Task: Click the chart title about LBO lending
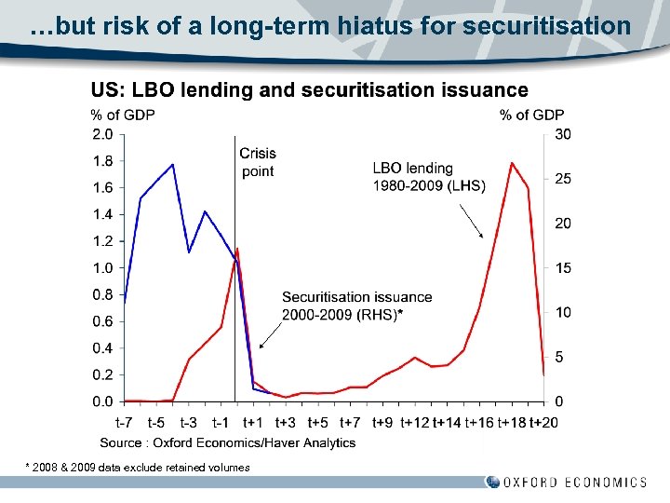(x=309, y=90)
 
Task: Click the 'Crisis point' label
(x=258, y=161)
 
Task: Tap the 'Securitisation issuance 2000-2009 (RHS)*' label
(x=356, y=306)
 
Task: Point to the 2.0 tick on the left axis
(x=101, y=134)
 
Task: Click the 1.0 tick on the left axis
(x=101, y=268)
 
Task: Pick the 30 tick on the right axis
(x=563, y=134)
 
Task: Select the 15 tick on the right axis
(x=563, y=268)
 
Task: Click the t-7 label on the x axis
(x=124, y=424)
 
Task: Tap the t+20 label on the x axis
(x=543, y=424)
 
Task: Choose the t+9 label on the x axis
(x=382, y=424)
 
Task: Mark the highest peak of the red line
(x=512, y=163)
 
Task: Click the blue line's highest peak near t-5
(x=172, y=165)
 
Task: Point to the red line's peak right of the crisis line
(x=236, y=249)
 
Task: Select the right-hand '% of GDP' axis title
(x=531, y=115)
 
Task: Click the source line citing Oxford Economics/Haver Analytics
(x=228, y=442)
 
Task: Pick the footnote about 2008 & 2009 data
(x=137, y=467)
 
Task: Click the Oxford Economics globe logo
(x=492, y=483)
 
